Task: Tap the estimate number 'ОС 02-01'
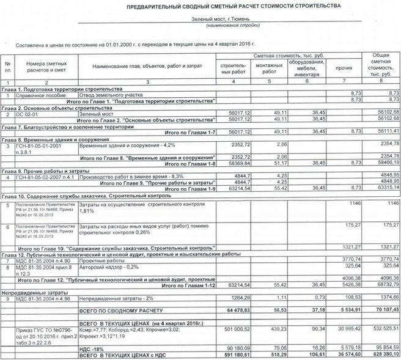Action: coord(29,113)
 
